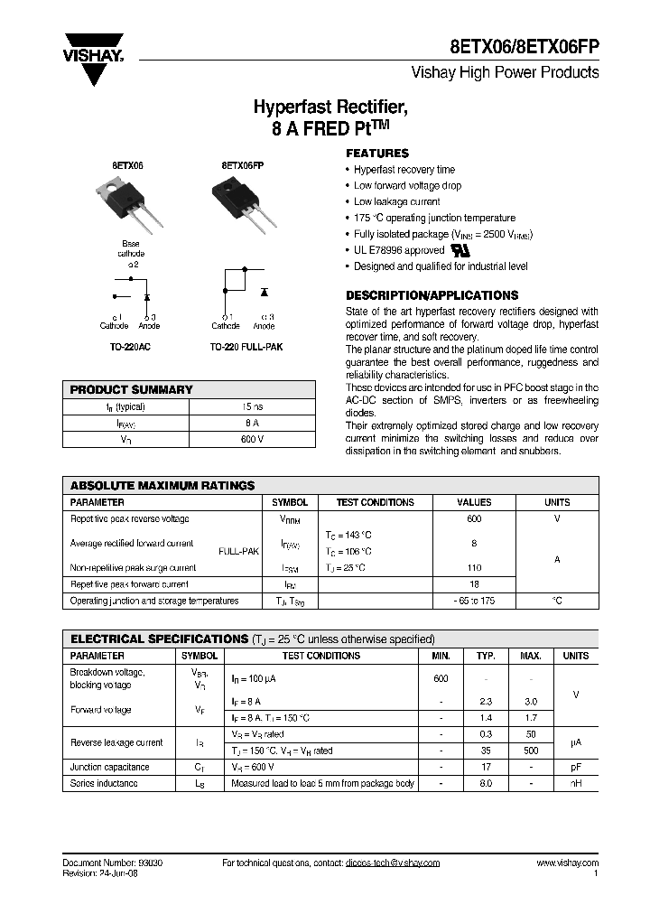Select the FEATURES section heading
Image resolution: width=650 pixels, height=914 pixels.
(x=377, y=154)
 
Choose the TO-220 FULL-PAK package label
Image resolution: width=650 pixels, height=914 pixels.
(x=246, y=346)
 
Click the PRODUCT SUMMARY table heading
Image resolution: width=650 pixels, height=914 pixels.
(x=132, y=389)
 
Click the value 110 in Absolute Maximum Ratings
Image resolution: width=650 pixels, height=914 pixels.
(x=474, y=568)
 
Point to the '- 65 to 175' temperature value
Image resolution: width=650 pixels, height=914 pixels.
(x=474, y=601)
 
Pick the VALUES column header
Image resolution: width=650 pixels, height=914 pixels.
(x=474, y=502)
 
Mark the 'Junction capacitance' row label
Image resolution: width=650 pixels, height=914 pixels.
(x=110, y=767)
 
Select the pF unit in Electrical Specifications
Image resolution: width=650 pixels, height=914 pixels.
(x=575, y=767)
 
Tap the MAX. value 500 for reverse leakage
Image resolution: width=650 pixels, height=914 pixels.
(x=532, y=751)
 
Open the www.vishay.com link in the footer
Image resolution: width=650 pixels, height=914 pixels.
(x=567, y=863)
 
